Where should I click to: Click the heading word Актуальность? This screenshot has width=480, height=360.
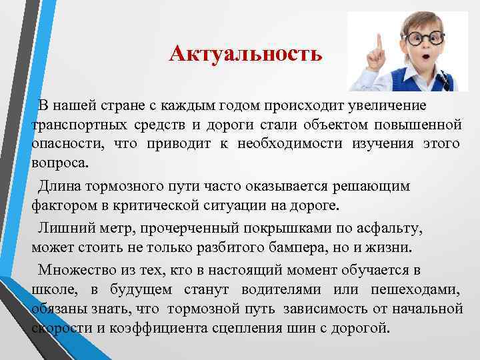tap(245, 53)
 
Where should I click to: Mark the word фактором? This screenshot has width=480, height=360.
tap(63, 203)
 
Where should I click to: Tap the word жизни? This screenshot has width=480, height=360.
tap(394, 249)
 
